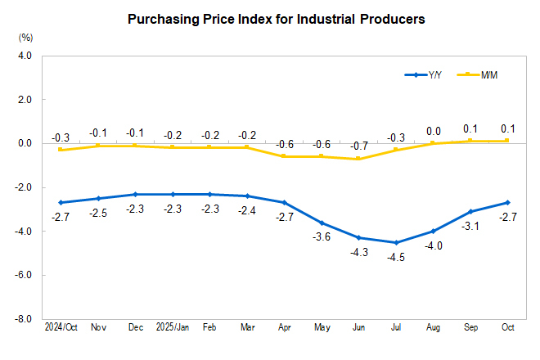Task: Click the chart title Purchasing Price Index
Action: pos(277,19)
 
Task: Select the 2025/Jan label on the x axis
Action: pos(172,327)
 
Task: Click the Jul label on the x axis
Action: pos(396,327)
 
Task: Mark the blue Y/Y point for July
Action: pos(396,242)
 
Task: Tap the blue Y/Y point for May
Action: pos(322,223)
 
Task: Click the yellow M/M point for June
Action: pos(359,159)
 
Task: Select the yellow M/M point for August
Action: pos(434,143)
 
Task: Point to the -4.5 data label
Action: pos(396,257)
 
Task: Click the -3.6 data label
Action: pos(322,237)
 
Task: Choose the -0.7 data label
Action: pos(359,145)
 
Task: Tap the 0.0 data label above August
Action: pos(434,130)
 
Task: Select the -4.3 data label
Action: pos(359,253)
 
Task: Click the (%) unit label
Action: pos(25,37)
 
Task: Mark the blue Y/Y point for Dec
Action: pos(135,194)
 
